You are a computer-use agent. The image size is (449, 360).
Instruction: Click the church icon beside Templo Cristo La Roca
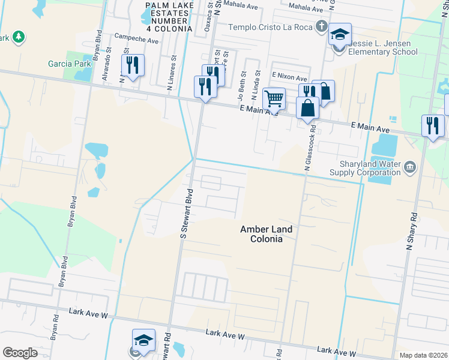click(x=322, y=27)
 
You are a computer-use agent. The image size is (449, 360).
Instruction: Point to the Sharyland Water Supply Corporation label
click(x=366, y=168)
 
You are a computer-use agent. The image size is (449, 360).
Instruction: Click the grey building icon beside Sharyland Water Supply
click(x=409, y=166)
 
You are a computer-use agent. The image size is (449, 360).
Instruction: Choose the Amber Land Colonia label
click(x=266, y=233)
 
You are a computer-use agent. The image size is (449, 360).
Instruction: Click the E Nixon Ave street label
click(x=289, y=77)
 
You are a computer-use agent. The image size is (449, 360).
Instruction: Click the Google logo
click(x=20, y=353)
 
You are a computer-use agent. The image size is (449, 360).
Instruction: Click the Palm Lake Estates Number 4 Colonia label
click(x=169, y=17)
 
